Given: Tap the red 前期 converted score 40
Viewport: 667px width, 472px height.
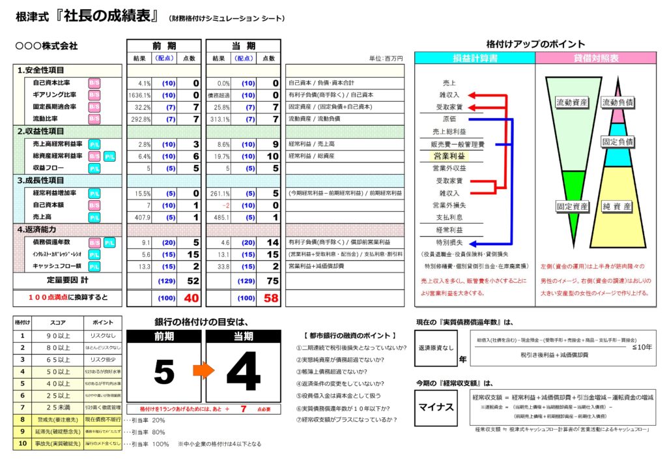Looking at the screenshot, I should click(x=191, y=297).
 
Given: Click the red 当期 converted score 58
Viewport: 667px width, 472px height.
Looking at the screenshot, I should click(x=271, y=297).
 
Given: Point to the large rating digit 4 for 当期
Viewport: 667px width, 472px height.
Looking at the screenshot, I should click(x=244, y=371).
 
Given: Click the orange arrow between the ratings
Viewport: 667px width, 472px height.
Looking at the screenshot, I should click(x=203, y=371).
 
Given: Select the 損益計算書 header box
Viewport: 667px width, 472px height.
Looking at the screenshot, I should click(x=475, y=58).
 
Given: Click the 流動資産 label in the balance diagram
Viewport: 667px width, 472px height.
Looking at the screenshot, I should click(x=572, y=102).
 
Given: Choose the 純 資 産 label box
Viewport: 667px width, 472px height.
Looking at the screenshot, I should click(x=617, y=206).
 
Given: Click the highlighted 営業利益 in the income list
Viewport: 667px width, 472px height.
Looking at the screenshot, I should click(x=449, y=156).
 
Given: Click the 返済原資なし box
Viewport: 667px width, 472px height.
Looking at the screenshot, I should click(x=436, y=349).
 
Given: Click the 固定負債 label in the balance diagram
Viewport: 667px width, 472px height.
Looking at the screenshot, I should click(x=618, y=141).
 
